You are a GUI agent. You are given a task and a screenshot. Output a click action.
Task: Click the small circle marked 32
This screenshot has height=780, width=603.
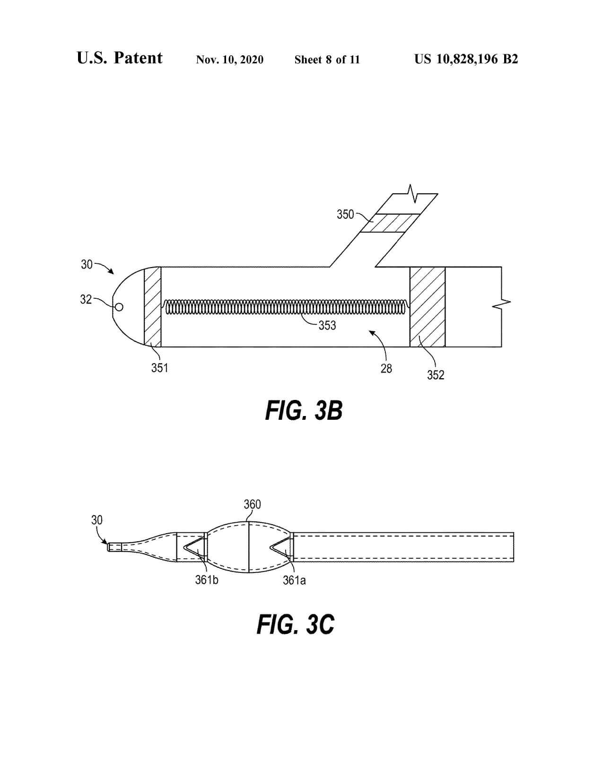tap(119, 307)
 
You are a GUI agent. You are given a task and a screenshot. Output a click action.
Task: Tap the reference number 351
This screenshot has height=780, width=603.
tap(159, 368)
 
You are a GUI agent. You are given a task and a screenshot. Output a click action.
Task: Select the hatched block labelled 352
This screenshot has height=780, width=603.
tap(427, 307)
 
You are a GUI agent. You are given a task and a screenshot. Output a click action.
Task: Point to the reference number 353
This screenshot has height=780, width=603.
tap(327, 325)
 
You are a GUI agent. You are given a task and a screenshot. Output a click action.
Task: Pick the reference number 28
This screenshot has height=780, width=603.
tap(386, 369)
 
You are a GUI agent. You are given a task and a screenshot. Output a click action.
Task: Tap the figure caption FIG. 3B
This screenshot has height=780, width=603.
tap(304, 410)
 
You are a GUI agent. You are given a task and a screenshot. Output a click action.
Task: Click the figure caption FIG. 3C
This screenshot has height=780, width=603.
tap(296, 624)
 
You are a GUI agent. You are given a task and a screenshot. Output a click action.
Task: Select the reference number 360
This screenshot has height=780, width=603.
tap(252, 504)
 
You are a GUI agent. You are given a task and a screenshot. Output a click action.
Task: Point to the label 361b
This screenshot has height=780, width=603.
tap(207, 580)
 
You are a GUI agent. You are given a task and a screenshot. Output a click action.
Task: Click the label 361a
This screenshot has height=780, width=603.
tap(294, 580)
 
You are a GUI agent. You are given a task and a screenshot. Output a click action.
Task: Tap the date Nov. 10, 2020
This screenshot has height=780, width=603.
tap(230, 60)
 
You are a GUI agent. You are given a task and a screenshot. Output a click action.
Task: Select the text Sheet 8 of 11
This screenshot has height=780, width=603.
tap(327, 60)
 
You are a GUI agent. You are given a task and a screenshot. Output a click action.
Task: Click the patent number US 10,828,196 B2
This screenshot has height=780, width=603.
tap(466, 59)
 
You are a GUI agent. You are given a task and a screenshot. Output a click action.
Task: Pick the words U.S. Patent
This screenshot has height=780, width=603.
tap(120, 58)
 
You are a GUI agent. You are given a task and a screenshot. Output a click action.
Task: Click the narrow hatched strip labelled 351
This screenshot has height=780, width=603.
tap(152, 307)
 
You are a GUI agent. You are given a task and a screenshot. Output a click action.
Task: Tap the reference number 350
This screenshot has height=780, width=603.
tap(345, 215)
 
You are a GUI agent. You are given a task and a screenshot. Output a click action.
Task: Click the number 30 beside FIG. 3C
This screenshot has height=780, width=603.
tap(96, 520)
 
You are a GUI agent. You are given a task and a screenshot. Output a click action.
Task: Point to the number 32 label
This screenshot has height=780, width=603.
tap(86, 299)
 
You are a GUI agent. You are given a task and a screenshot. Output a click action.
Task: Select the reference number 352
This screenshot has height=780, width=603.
tap(436, 375)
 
